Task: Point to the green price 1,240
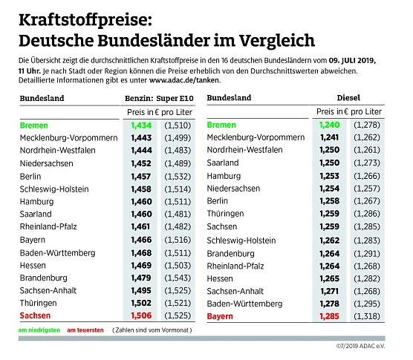pos(328,125)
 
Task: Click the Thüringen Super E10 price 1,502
pos(141,303)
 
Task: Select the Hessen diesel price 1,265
pos(328,278)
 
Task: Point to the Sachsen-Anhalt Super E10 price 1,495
pos(141,290)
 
